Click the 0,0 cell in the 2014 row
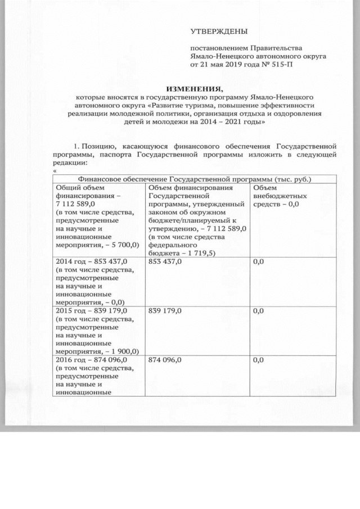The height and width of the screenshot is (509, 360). pyautogui.click(x=259, y=262)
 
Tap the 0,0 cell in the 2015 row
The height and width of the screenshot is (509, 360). pyautogui.click(x=259, y=310)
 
